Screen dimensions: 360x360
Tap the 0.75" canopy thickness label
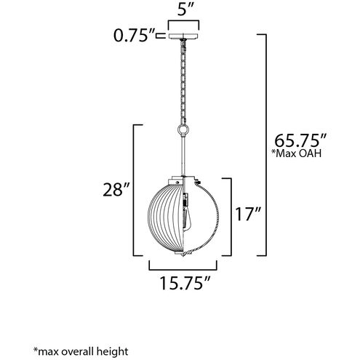tap(132, 35)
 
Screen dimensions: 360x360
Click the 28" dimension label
tap(117, 191)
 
